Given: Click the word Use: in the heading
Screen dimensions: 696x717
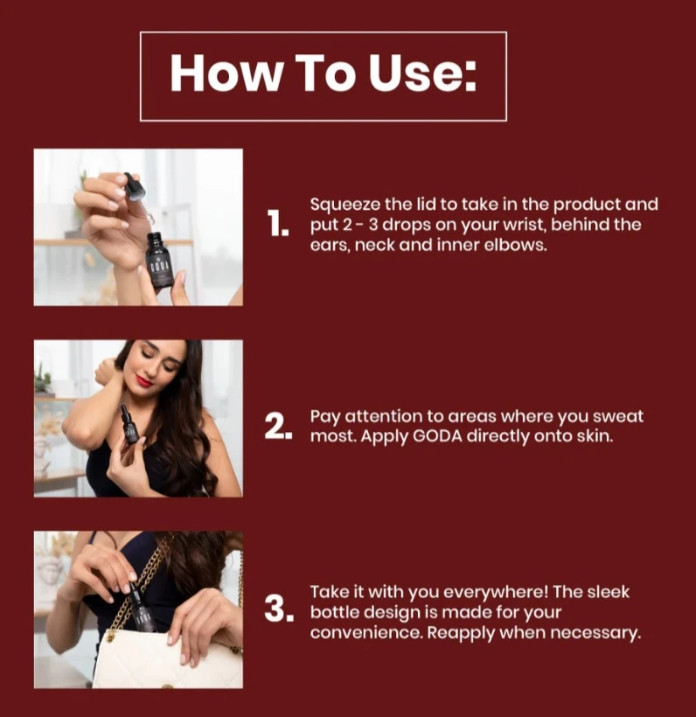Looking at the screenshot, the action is pyautogui.click(x=423, y=73).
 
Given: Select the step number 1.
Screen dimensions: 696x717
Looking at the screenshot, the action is pyautogui.click(x=278, y=224).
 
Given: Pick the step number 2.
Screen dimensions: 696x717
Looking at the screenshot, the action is pyautogui.click(x=278, y=427).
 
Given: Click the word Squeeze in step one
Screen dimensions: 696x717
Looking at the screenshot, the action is pyautogui.click(x=345, y=205).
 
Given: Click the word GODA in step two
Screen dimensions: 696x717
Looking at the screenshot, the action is pyautogui.click(x=438, y=436).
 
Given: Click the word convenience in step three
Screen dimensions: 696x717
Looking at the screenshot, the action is pyautogui.click(x=365, y=633).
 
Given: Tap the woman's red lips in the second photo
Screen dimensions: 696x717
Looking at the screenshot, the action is pyautogui.click(x=144, y=381).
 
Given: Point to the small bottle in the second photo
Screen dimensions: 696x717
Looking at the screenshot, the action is pyautogui.click(x=129, y=425).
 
